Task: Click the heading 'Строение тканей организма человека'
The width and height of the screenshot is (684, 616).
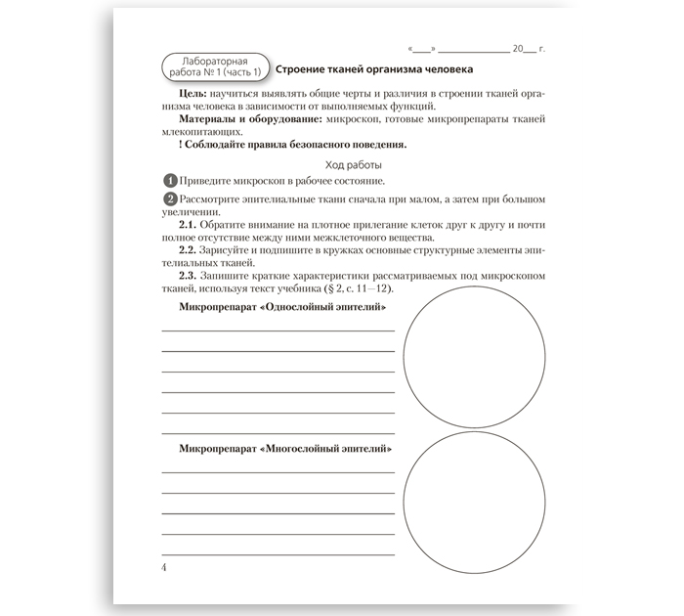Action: click(x=374, y=70)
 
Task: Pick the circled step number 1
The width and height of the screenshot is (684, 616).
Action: click(x=170, y=181)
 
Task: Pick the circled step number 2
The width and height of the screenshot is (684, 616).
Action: click(x=170, y=198)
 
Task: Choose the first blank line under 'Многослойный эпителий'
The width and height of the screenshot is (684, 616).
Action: click(x=278, y=470)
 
